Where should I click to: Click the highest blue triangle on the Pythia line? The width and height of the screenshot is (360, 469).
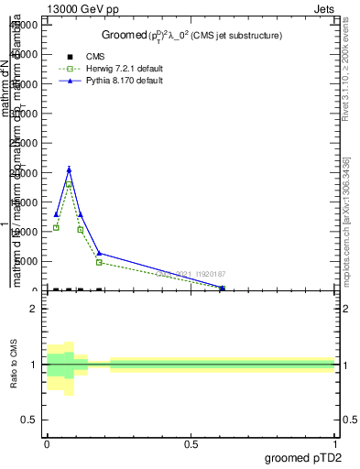pos(69,169)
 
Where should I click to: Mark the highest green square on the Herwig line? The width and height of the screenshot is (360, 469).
pos(69,184)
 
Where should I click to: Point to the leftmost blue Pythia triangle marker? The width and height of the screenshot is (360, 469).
pos(56,214)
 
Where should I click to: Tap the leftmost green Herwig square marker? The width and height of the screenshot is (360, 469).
pos(56,227)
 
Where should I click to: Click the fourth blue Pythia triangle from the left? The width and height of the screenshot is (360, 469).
pos(99,253)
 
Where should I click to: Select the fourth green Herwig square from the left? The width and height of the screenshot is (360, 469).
pos(99,263)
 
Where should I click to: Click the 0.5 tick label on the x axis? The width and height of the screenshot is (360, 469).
pos(191,443)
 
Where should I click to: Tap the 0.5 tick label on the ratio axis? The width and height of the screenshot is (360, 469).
pos(29,420)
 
